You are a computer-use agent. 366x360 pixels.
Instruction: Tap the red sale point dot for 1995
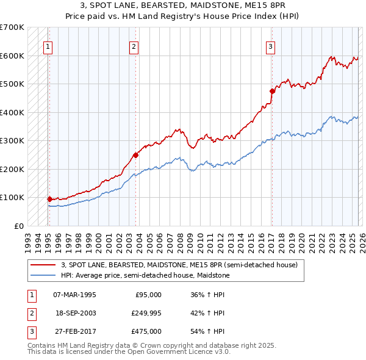point(49,198)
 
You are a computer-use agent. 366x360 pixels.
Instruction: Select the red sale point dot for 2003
point(135,155)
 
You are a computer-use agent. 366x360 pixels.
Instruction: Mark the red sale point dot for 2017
point(272,91)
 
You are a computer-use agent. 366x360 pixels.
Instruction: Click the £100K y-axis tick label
point(12,198)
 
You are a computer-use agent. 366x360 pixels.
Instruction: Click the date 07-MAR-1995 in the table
point(74,295)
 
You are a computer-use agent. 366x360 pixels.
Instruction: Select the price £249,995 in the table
point(145,313)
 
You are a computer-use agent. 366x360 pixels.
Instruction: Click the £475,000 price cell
point(145,331)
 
